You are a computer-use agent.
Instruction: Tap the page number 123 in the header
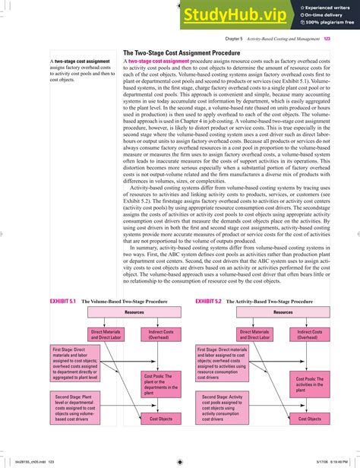[327, 40]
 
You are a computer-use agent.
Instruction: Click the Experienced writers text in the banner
[320, 7]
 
